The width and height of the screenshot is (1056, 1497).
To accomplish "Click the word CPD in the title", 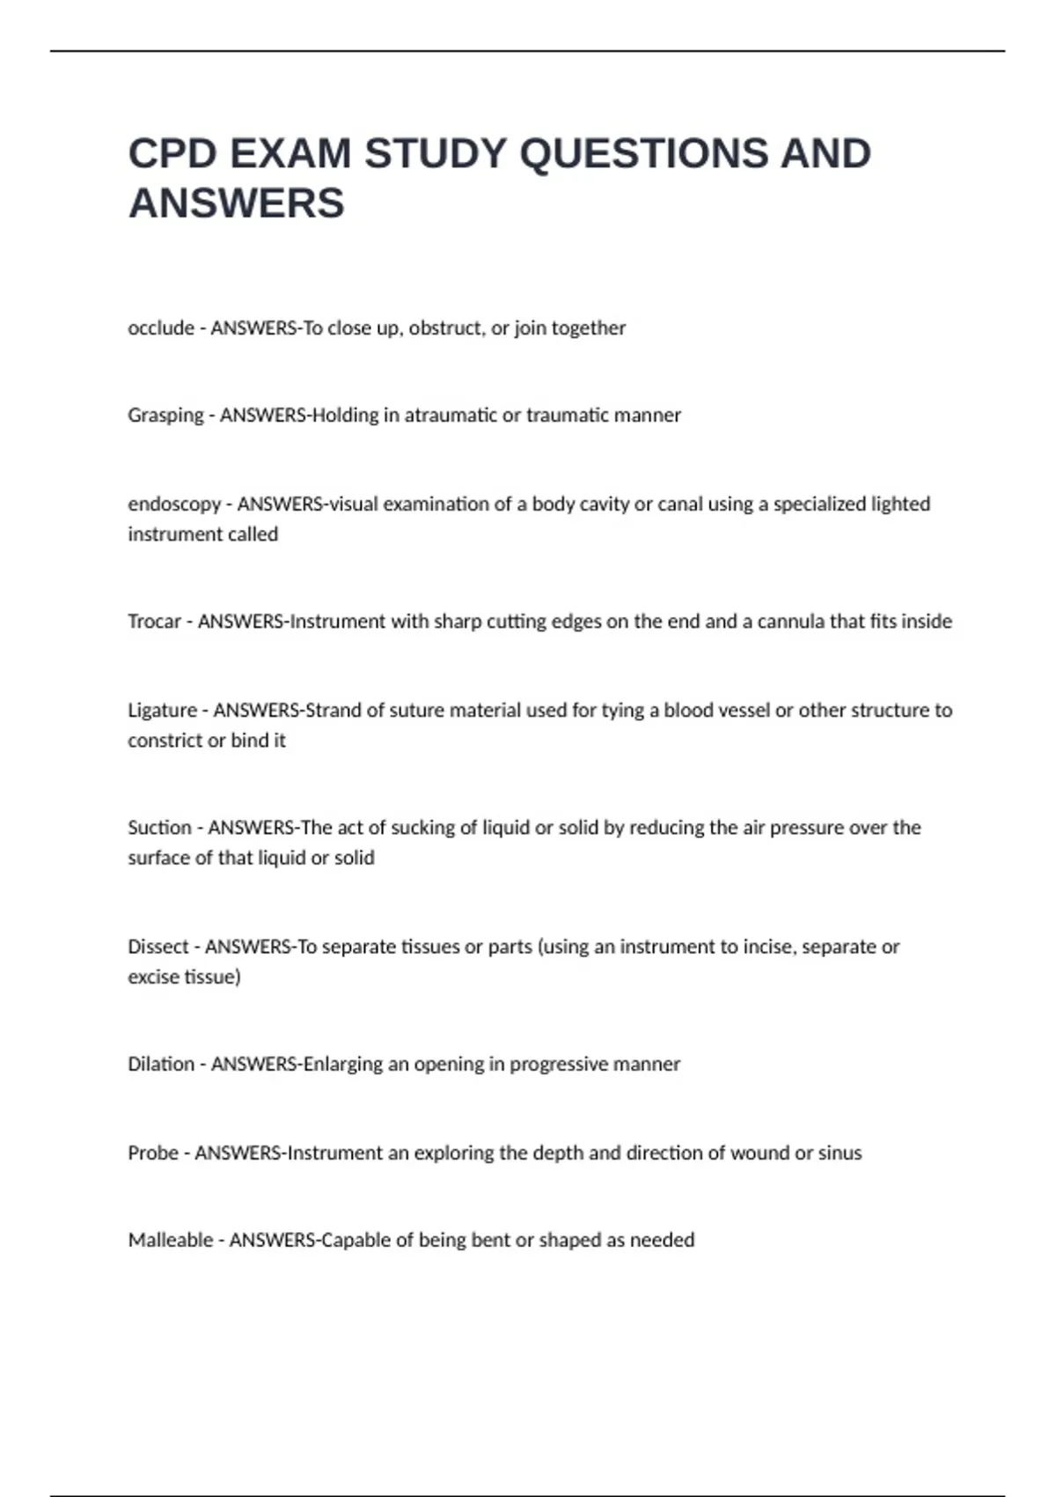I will coord(172,154).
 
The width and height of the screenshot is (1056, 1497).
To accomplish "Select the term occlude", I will coord(161,328).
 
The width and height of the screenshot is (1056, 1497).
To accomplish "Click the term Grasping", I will coord(165,416).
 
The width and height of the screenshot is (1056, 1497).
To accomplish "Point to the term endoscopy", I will coord(174,505).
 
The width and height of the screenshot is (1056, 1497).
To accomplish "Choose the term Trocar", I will coord(154,622).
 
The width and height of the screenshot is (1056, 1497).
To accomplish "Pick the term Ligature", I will coord(162,711).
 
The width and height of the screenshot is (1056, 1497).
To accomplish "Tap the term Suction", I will coord(159,828).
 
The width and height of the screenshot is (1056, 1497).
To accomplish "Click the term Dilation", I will coord(161,1064).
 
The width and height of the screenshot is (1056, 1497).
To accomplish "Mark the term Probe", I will coord(153,1153).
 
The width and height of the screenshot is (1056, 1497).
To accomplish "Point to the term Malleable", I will coord(171,1240).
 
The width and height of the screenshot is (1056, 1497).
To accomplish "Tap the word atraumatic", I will coord(451,416).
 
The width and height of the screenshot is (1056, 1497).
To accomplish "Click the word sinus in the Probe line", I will coord(840,1153).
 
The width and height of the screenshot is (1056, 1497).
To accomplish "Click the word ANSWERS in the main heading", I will coord(237,203).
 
